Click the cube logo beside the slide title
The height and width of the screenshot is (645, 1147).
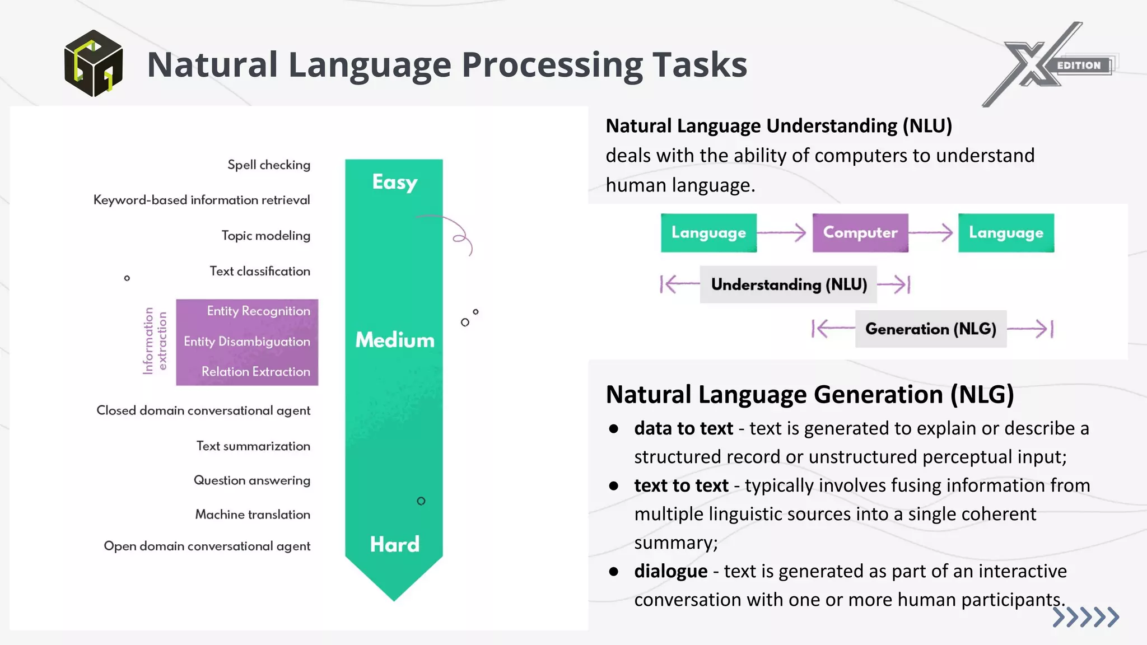pyautogui.click(x=93, y=63)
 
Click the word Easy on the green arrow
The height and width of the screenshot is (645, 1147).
pyautogui.click(x=395, y=182)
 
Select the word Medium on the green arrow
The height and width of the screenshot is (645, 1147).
pyautogui.click(x=395, y=340)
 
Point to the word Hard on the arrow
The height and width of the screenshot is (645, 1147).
pyautogui.click(x=395, y=544)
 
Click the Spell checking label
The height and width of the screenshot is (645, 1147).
pyautogui.click(x=268, y=165)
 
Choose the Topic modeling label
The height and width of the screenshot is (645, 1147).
pyautogui.click(x=265, y=235)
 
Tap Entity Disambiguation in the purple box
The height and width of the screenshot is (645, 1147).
pyautogui.click(x=246, y=342)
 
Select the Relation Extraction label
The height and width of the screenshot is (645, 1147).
pyautogui.click(x=255, y=372)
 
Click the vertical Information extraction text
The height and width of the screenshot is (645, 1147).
pyautogui.click(x=155, y=341)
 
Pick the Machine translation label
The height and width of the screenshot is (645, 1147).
pyautogui.click(x=253, y=515)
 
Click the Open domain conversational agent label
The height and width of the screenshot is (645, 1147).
pyautogui.click(x=207, y=546)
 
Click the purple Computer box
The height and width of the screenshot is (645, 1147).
pyautogui.click(x=860, y=232)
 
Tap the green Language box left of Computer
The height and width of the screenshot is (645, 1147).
pyautogui.click(x=708, y=232)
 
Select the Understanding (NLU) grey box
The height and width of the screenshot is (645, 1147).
pyautogui.click(x=789, y=284)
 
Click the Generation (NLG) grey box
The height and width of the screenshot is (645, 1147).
pyautogui.click(x=930, y=329)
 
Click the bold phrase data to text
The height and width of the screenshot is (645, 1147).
pyautogui.click(x=683, y=428)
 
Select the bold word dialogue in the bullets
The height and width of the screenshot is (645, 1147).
pyautogui.click(x=670, y=571)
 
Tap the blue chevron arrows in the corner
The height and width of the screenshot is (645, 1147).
pyautogui.click(x=1085, y=617)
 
